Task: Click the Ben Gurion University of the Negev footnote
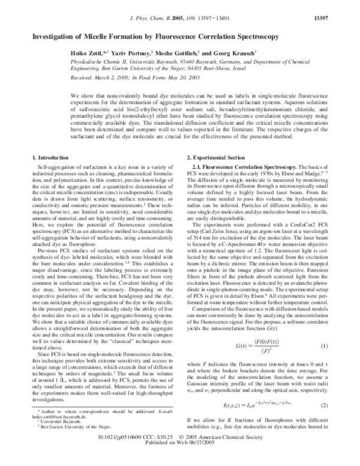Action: point(67,443)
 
